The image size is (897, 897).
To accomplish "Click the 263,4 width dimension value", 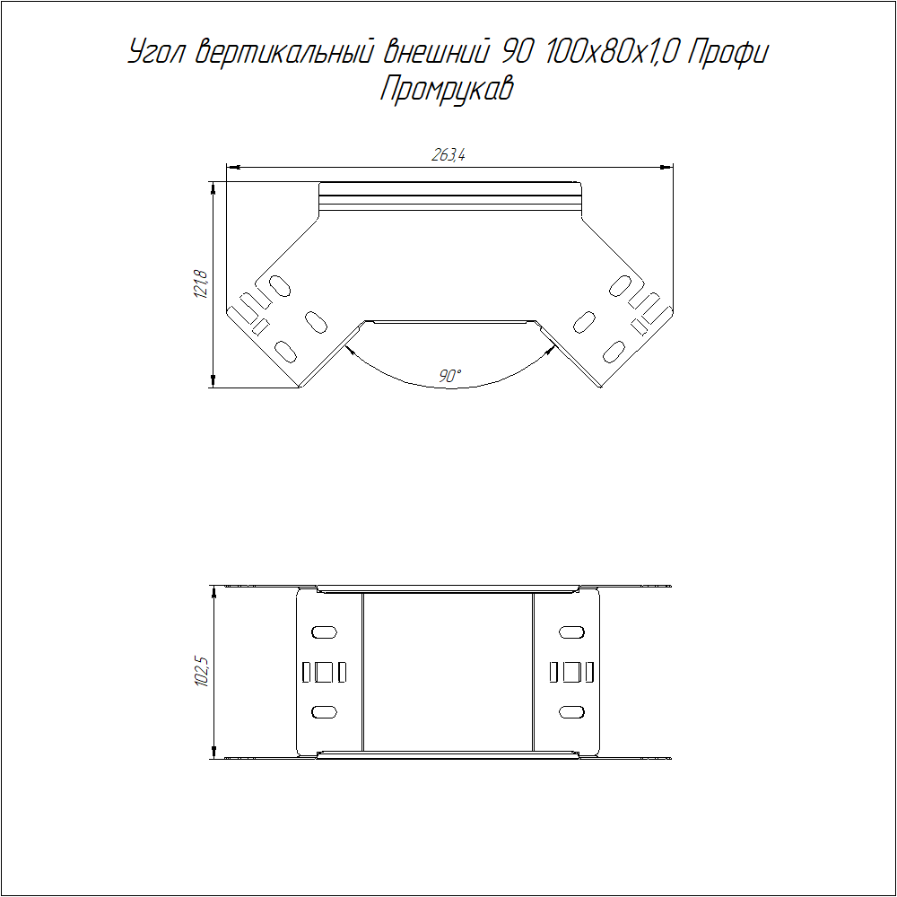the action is [x=448, y=154].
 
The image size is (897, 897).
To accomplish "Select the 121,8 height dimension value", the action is [x=201, y=284].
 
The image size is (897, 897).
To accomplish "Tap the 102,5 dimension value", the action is [x=202, y=672].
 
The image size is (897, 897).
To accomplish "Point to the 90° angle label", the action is [x=449, y=376].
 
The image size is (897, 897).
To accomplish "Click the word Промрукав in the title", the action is [x=447, y=89].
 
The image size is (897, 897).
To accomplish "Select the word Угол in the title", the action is [x=155, y=52].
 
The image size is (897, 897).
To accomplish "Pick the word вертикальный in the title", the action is [x=284, y=52].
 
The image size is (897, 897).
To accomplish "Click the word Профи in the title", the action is [x=727, y=52].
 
